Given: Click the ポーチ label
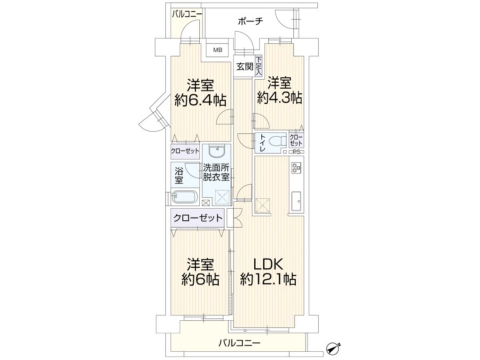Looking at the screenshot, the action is point(251,21).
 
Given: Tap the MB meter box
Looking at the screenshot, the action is point(218,50).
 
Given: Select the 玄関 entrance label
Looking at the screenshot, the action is point(245,67).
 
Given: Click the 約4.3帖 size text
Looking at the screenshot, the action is point(279,98).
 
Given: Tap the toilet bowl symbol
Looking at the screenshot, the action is point(277,141).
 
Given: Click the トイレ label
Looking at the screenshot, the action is point(262,142).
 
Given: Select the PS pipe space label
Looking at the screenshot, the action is point(297,152).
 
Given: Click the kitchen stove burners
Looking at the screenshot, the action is point(297,167).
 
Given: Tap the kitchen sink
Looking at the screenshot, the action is point(296,201).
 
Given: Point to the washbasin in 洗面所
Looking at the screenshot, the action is point(217,151).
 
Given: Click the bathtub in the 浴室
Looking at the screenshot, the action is point(183,197).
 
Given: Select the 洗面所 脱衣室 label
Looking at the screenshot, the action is point(216,172).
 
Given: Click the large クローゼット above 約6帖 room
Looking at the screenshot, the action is point(198,218).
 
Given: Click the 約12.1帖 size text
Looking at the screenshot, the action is point(268,279).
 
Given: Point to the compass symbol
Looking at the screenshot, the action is point(334,346).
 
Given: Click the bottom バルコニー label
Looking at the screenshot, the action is point(239,343).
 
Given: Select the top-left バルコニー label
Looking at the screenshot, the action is point(187,14).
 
